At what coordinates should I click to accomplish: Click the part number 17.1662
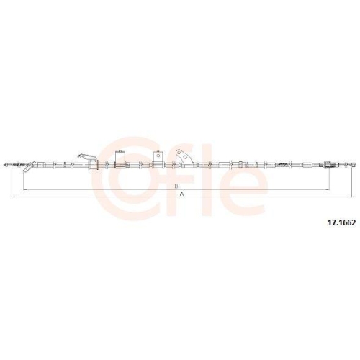(342, 222)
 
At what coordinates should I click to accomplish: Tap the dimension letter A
(182, 194)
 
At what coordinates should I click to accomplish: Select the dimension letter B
(176, 186)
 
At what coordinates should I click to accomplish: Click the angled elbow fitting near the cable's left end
(30, 166)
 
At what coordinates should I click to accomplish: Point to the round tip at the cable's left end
(6, 165)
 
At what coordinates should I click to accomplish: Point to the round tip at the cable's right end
(354, 165)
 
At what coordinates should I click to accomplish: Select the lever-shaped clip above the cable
(87, 158)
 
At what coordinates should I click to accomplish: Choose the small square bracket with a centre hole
(158, 157)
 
